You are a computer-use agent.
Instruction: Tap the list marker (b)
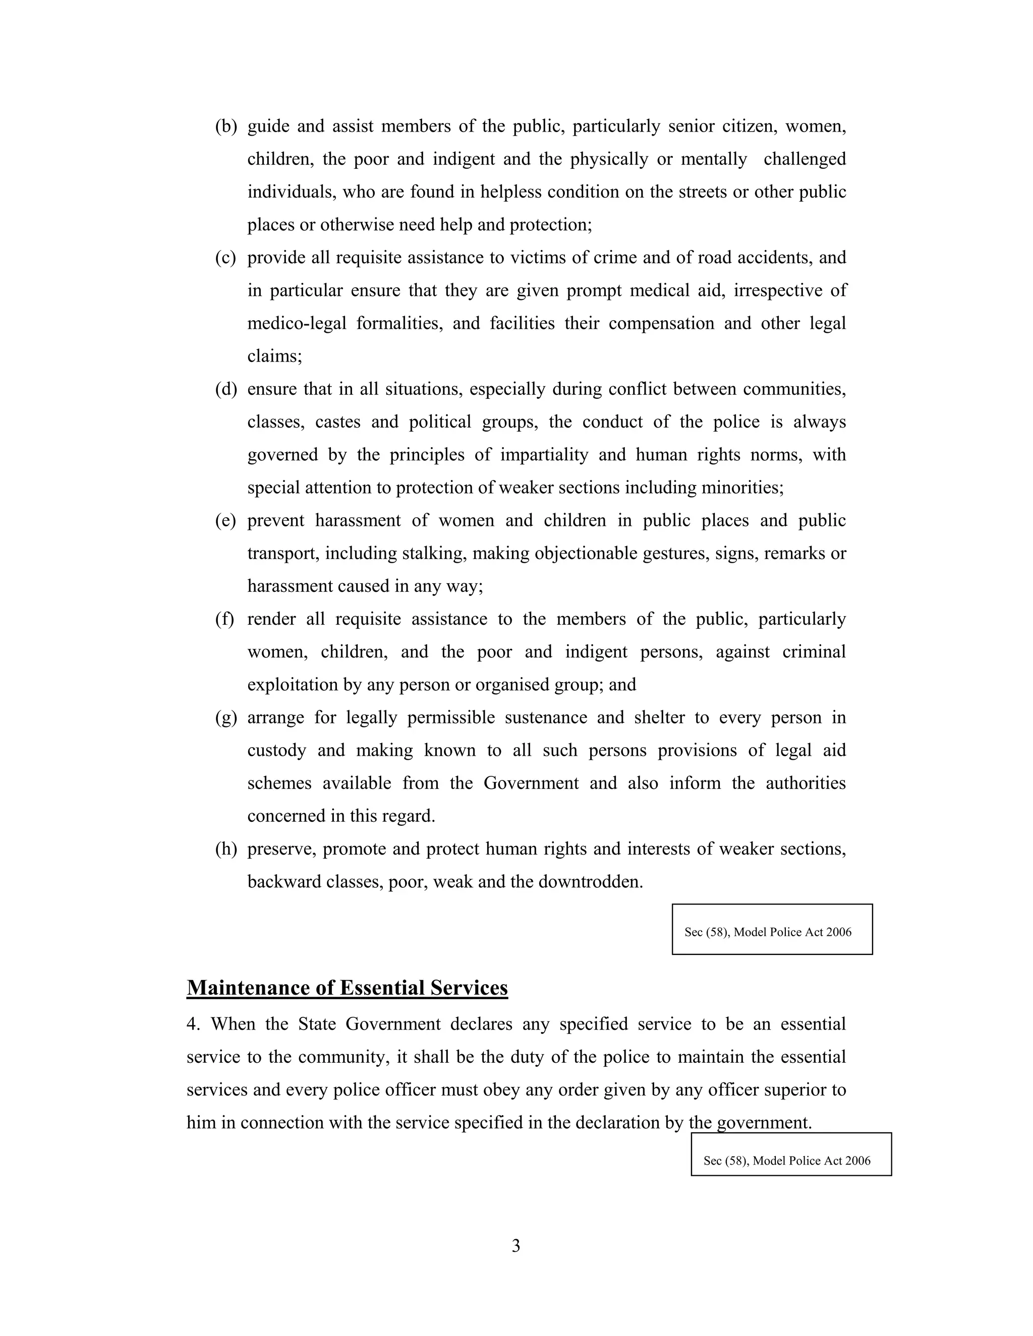tap(225, 127)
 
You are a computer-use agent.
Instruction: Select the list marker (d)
tap(225, 389)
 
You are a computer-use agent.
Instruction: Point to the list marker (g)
tap(225, 717)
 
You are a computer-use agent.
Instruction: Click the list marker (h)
tap(225, 849)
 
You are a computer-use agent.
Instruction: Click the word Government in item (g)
tap(531, 783)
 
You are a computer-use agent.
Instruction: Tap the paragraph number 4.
tap(193, 1024)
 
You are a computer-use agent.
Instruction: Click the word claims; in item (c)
tap(274, 356)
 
